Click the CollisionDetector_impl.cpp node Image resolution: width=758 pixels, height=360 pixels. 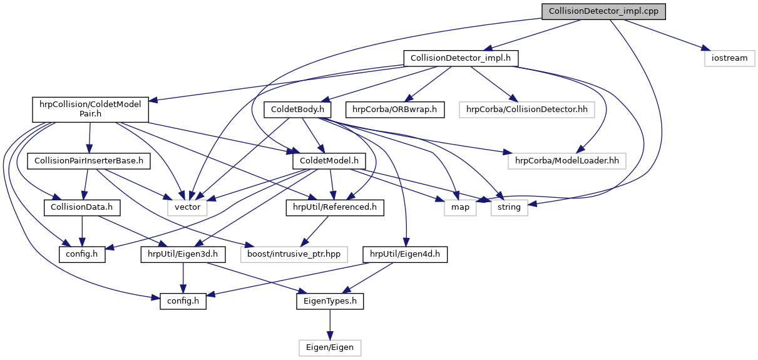[603, 11]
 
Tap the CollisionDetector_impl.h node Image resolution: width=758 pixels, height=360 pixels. [461, 58]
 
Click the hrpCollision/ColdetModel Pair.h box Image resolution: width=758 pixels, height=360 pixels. [90, 109]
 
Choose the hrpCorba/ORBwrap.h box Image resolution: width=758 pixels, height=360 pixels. [398, 109]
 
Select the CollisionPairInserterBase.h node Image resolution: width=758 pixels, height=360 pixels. [89, 161]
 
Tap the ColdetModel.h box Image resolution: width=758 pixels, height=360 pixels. [329, 161]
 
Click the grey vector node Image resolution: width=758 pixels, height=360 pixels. [187, 207]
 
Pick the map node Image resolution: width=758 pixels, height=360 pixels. [460, 207]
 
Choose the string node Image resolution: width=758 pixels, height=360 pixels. [509, 207]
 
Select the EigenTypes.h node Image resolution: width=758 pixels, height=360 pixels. [330, 301]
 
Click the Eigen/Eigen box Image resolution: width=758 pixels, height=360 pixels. [330, 347]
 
